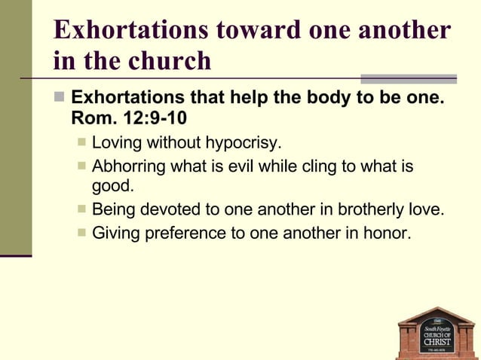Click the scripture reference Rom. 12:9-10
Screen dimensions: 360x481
click(129, 118)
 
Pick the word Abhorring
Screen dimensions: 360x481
click(129, 166)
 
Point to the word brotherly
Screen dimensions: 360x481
click(372, 209)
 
